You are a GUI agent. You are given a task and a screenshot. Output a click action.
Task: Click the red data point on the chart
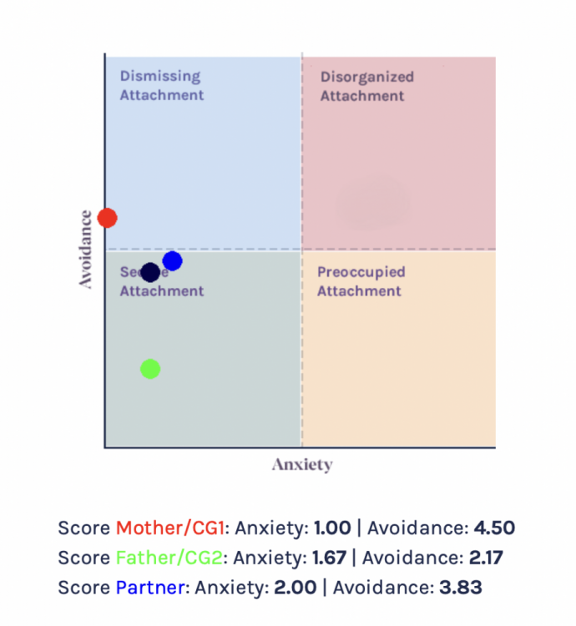coord(107,218)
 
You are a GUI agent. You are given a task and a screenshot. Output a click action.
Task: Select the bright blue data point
coord(172,261)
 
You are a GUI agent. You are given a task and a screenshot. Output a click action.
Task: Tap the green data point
coord(150,368)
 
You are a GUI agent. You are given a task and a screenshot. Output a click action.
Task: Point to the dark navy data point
coord(150,272)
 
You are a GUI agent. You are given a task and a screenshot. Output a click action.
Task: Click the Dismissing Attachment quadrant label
coord(161,86)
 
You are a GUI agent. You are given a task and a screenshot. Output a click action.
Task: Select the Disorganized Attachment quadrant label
coord(366,86)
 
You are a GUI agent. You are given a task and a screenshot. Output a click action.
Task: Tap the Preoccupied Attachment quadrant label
coord(361,281)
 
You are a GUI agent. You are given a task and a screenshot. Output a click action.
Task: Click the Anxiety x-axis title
coord(301,465)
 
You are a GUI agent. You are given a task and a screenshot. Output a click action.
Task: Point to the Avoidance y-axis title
coord(85,249)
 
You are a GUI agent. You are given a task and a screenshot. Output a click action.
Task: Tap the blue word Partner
coord(150,588)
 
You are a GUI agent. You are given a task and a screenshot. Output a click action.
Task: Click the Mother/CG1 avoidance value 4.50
coord(494,528)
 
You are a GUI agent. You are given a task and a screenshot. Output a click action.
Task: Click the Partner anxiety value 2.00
coord(295,588)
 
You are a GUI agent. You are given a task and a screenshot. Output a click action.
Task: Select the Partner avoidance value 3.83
coord(459,588)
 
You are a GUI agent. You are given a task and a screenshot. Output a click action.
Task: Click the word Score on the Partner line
coord(83,588)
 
